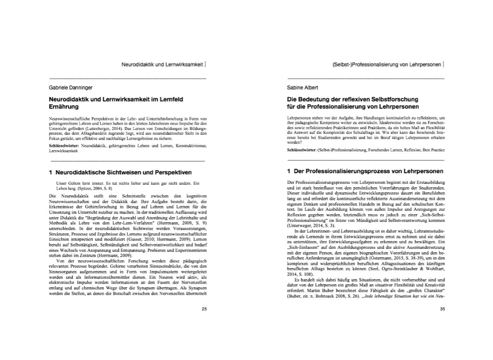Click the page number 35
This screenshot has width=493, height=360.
442,309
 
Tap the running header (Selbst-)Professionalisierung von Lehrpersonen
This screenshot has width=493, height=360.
387,63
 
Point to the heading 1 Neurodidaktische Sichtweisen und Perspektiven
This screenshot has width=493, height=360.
120,171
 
